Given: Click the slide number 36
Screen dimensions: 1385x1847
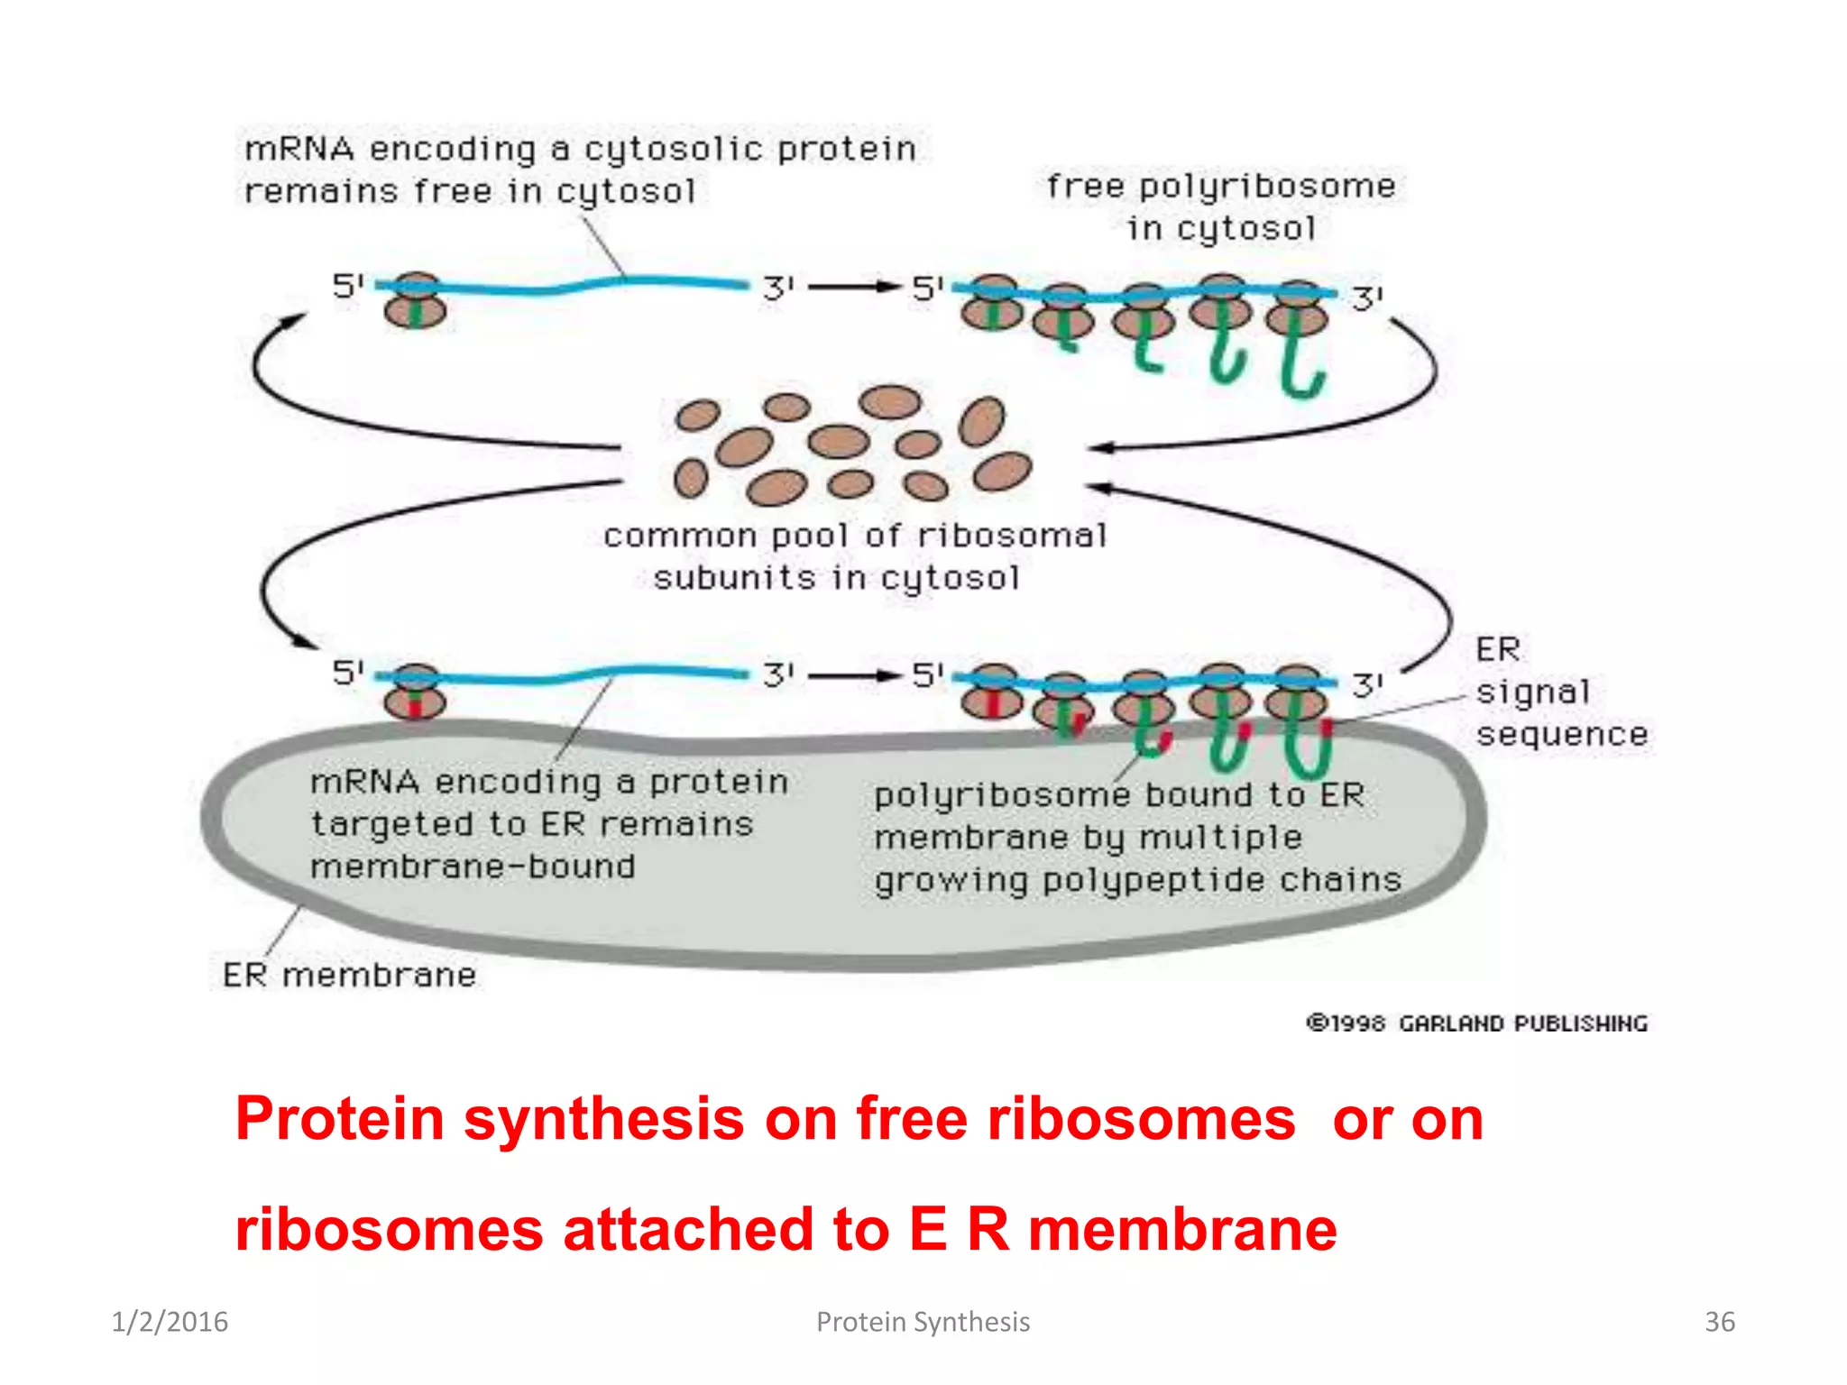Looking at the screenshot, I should pos(1719,1322).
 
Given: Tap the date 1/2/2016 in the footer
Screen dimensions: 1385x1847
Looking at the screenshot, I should pos(170,1322).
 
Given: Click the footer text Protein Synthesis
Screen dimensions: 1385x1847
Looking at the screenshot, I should pos(923,1322).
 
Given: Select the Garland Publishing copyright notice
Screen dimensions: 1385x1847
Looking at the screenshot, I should pos(1476,1023).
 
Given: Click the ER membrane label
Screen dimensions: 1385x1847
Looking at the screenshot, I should pos(349,975).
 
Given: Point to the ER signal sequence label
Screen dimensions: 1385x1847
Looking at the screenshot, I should pos(1561,692).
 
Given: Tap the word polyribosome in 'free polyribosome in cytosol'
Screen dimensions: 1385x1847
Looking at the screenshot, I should pos(1266,187).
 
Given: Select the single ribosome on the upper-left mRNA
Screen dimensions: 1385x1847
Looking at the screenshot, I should pos(415,301).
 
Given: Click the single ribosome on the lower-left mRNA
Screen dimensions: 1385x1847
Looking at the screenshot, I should pos(415,692).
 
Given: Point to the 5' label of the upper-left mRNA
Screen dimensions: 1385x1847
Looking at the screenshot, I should pos(347,287).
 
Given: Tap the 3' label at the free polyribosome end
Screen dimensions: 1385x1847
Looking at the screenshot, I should pos(1367,298).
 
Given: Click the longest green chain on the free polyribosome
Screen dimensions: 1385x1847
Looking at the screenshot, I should pos(1300,361).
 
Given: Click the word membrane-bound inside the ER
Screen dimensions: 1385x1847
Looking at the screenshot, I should pos(473,867).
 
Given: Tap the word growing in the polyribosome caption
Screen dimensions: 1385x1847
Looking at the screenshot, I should pos(951,880).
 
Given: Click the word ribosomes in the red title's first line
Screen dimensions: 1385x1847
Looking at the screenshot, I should pos(1141,1119).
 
